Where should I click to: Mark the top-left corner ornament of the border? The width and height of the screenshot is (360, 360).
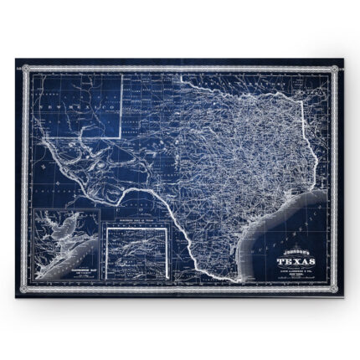coord(19,63)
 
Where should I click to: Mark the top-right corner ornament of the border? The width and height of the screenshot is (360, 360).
coord(340,63)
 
